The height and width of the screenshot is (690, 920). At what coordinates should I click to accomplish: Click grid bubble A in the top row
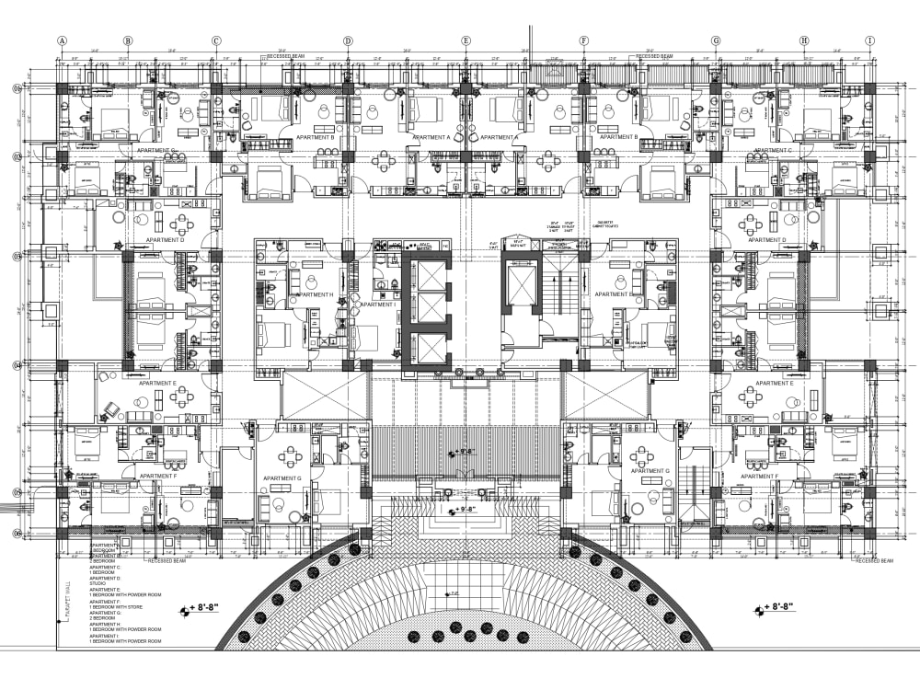point(63,40)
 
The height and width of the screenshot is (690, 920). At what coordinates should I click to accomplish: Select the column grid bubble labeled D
point(348,40)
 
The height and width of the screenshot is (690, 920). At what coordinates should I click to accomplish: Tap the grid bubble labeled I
point(869,40)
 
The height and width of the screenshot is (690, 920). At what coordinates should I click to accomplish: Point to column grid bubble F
point(583,40)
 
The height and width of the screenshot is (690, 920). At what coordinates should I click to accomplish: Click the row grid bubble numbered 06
point(17,533)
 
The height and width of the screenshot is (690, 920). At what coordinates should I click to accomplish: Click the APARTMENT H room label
point(314,294)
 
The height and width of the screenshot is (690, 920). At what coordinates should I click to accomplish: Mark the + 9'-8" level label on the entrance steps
point(465,509)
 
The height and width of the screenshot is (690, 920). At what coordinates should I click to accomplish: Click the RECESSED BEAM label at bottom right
point(873,560)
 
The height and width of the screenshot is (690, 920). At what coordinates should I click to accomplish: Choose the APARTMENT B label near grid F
point(619,137)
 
